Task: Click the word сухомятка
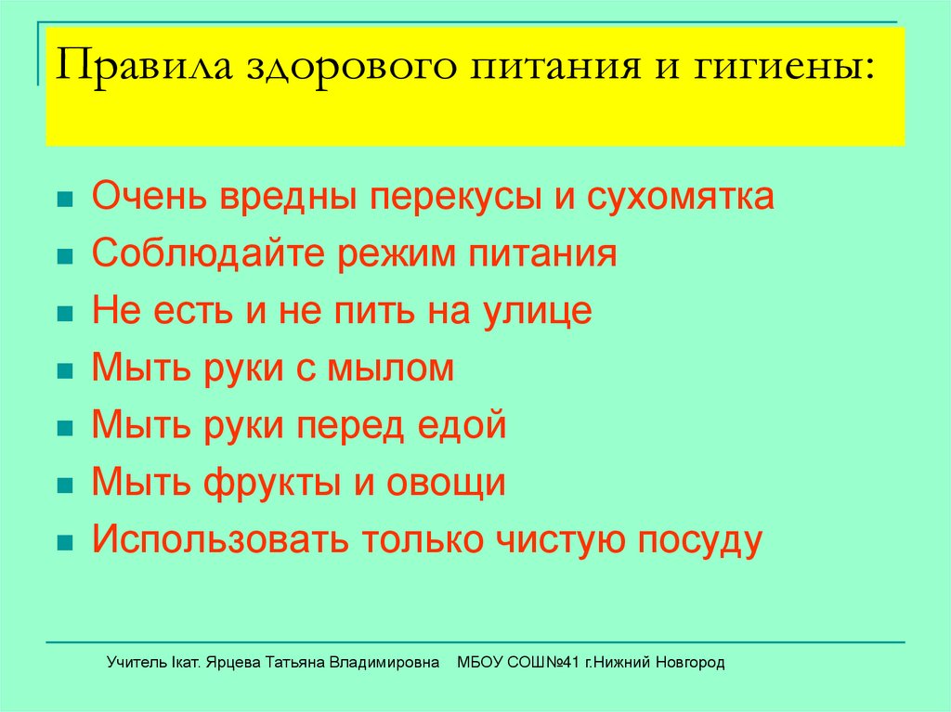pyautogui.click(x=680, y=198)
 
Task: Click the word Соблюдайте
pyautogui.click(x=185, y=254)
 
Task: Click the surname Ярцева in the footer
pyautogui.click(x=233, y=663)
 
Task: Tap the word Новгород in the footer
pyautogui.click(x=689, y=663)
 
